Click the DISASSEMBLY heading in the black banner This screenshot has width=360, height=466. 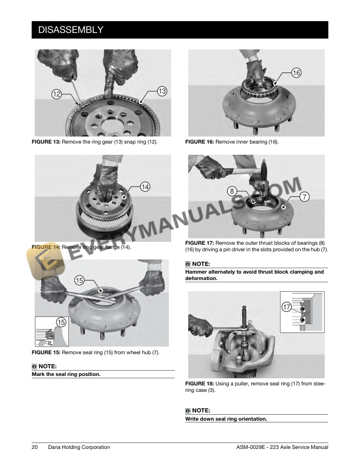71,30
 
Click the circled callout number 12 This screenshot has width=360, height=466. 56,94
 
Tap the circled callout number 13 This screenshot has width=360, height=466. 162,91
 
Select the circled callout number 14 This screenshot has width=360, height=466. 145,187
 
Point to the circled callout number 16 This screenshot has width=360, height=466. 296,73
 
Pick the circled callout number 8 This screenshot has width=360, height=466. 232,191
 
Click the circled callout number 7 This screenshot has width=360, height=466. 304,197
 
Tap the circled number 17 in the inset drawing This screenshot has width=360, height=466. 286,307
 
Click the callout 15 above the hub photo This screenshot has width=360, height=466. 79,280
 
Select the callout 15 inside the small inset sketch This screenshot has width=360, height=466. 61,322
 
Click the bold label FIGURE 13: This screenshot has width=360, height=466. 46,142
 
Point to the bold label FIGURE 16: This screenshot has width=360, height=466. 199,142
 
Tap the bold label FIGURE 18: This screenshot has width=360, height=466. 199,384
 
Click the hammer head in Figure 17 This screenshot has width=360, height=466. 263,169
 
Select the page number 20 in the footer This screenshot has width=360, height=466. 35,447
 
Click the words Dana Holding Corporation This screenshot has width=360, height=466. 79,447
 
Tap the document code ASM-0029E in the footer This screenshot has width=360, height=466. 251,447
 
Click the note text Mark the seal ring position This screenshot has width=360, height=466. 66,374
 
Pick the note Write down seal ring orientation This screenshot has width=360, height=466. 226,419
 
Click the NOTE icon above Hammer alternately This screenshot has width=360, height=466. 188,264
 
